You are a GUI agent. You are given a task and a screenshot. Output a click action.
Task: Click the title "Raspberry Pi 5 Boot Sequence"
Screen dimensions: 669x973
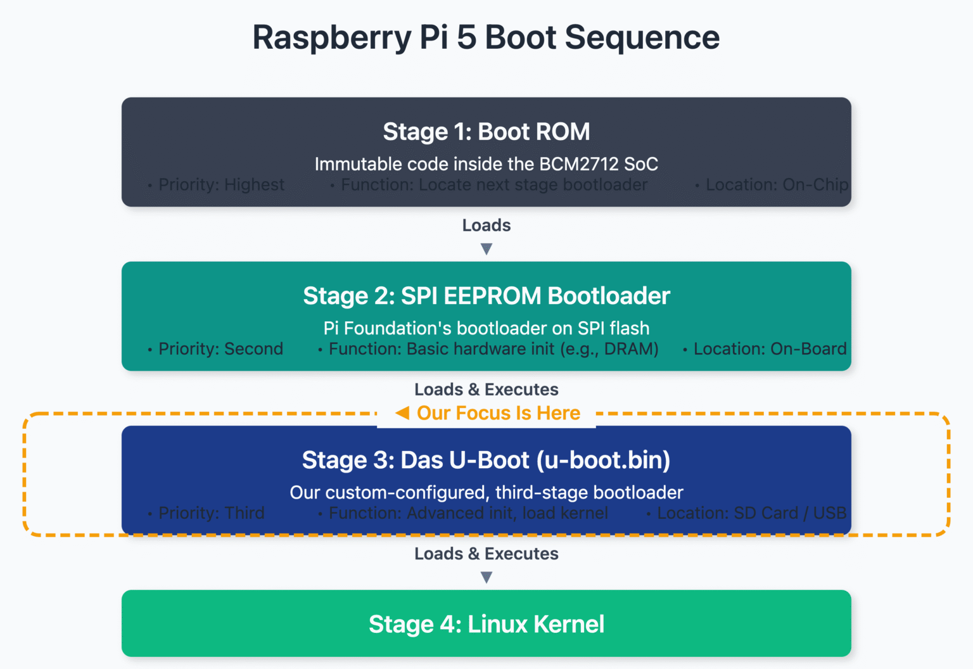pyautogui.click(x=486, y=37)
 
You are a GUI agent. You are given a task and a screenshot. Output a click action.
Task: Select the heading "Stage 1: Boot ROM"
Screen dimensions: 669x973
pyautogui.click(x=486, y=132)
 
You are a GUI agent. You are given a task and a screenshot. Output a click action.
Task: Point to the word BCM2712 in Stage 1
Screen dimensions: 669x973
pyautogui.click(x=578, y=164)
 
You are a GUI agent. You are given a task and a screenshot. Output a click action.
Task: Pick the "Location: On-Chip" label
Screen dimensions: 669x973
pyautogui.click(x=777, y=185)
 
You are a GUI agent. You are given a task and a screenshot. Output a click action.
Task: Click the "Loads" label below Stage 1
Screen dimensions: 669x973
pyautogui.click(x=486, y=226)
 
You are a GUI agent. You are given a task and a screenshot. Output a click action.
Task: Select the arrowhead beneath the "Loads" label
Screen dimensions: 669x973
pyautogui.click(x=486, y=249)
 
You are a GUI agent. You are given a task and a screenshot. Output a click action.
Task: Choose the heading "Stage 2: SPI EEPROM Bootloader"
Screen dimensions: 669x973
pyautogui.click(x=486, y=296)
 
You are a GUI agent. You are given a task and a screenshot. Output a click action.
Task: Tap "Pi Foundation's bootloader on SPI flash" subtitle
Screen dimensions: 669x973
pyautogui.click(x=486, y=328)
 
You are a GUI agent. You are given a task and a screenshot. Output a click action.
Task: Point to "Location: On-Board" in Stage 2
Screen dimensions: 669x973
pyautogui.click(x=770, y=349)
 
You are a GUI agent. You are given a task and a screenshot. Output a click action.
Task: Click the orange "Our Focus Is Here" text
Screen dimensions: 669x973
pyautogui.click(x=498, y=413)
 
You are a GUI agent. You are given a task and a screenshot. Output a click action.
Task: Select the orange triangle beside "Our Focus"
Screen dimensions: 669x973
pyautogui.click(x=402, y=413)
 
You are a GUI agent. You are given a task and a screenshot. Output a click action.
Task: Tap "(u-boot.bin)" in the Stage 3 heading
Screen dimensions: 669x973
pyautogui.click(x=603, y=460)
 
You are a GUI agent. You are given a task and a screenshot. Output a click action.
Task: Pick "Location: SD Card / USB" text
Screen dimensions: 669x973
pyautogui.click(x=751, y=513)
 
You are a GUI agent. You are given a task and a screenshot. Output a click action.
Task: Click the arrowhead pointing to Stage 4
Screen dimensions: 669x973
pyautogui.click(x=486, y=577)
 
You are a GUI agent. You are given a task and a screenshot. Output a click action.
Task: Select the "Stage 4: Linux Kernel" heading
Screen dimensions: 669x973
pyautogui.click(x=486, y=624)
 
